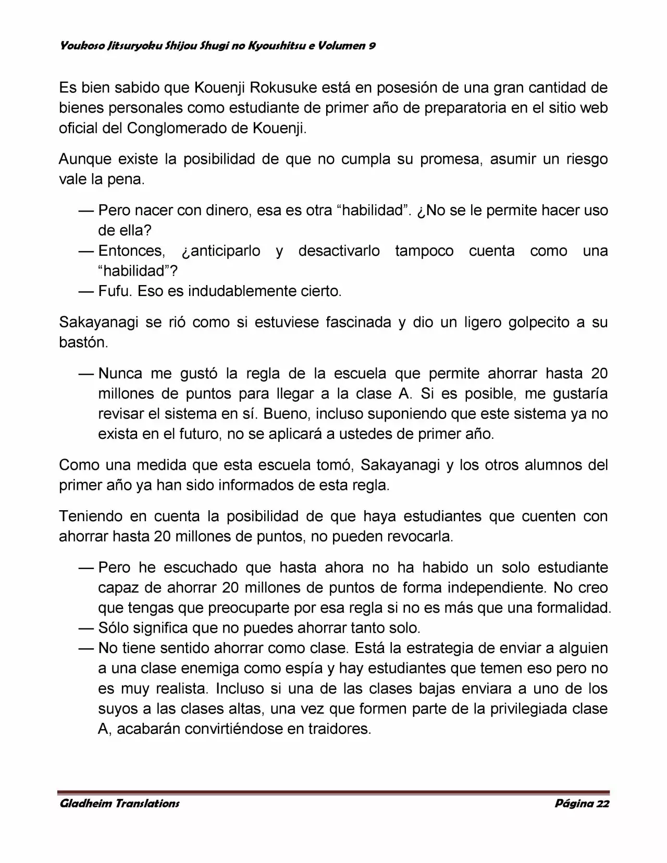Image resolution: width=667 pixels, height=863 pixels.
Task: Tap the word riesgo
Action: coord(587,159)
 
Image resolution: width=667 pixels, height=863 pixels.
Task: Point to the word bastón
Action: coord(83,343)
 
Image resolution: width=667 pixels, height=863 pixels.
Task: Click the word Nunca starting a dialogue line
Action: coord(120,374)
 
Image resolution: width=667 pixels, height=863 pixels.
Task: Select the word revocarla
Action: coord(419,537)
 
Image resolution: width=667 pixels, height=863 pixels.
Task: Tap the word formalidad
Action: coord(569,608)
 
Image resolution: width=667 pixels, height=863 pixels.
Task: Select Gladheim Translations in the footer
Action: coord(120,803)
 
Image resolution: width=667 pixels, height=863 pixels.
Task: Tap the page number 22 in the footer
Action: coord(602,803)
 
